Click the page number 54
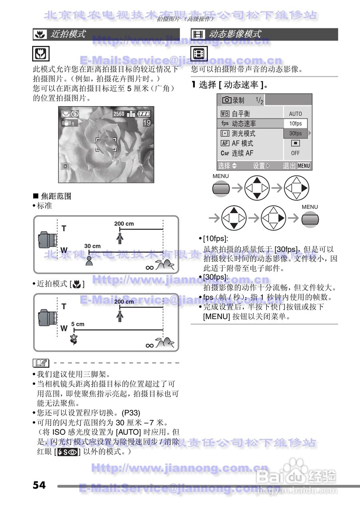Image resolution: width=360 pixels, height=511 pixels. pos(39,485)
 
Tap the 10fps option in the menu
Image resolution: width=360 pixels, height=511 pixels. pos(295,123)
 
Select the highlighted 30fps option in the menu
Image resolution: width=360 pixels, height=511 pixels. pos(295,133)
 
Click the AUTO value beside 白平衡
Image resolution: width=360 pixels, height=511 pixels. pos(295,114)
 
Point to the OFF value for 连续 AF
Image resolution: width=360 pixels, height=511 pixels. pos(295,153)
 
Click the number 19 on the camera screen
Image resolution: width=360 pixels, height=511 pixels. pos(146,123)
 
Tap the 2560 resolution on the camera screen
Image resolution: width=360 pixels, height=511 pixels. pos(119,114)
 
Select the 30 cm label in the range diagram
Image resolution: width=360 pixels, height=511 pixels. pos(92,246)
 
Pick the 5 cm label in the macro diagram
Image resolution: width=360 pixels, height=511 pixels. pos(78,324)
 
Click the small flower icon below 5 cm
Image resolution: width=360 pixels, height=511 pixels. pos(73,339)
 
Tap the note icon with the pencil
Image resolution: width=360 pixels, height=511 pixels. pos(41,363)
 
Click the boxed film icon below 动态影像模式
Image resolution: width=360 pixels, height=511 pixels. pos(198,53)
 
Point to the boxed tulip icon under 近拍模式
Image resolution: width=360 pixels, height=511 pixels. pos(41,53)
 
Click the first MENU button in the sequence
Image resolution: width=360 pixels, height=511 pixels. pos(221,187)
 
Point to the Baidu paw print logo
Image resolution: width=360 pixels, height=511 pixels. pos(296,468)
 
